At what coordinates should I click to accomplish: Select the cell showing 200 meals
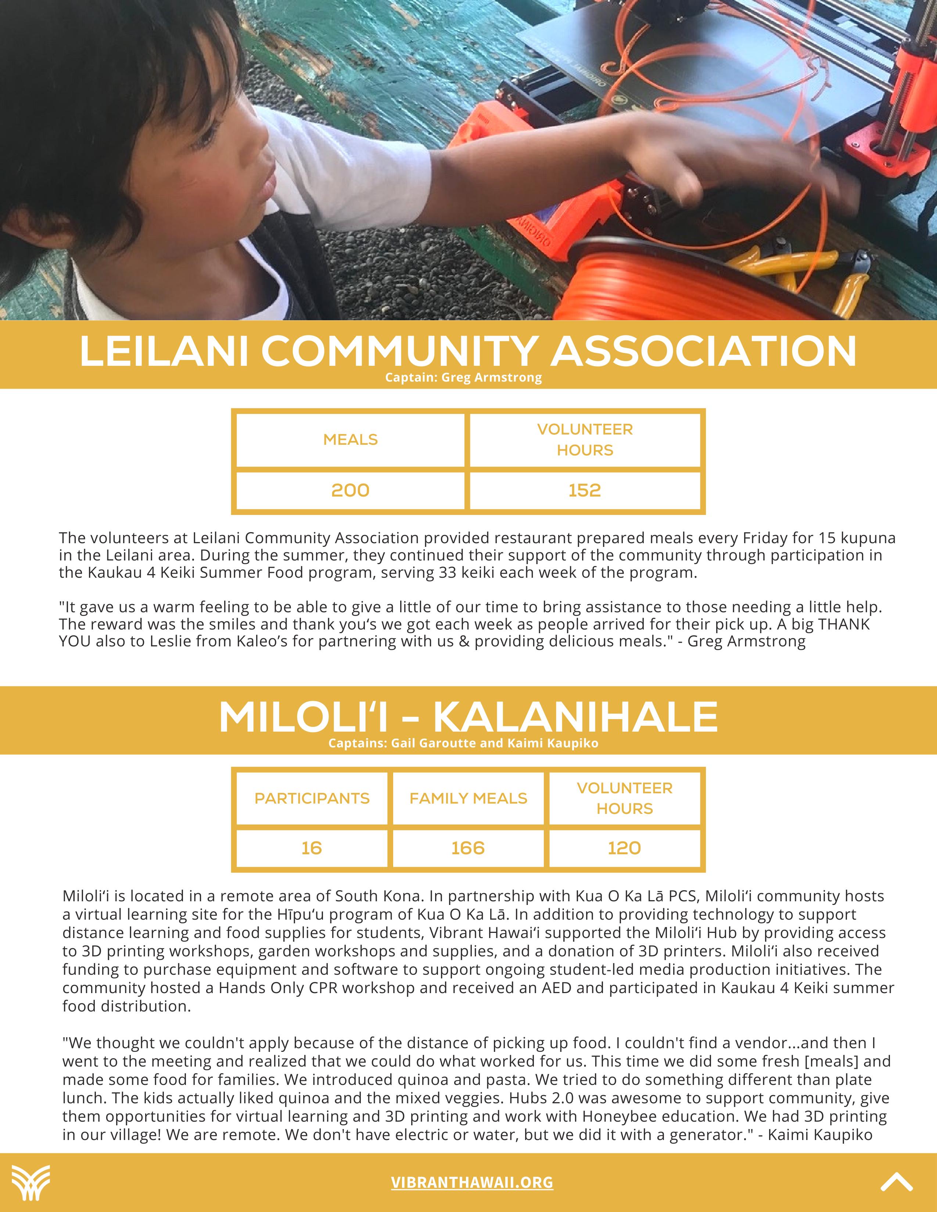(x=350, y=490)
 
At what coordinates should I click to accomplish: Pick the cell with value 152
(x=585, y=490)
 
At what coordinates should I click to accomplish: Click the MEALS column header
(x=350, y=440)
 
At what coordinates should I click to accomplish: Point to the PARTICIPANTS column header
(x=312, y=798)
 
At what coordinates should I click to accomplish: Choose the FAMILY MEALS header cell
(x=468, y=798)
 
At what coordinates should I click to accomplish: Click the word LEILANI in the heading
(x=164, y=351)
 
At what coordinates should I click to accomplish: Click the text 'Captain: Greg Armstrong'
(x=463, y=377)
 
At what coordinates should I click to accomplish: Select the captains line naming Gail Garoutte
(x=463, y=743)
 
